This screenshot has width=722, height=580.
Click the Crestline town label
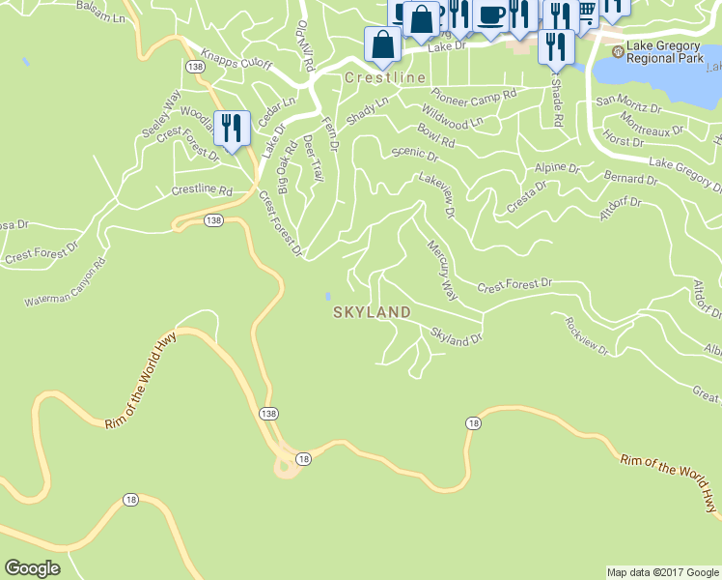384,76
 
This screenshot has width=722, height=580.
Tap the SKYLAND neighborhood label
372,312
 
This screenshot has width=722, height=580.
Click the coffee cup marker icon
490,16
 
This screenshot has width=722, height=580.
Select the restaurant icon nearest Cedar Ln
231,128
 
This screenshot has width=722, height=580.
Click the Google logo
33,568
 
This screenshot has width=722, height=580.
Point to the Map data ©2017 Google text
662,572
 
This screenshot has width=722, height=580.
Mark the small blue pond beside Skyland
328,296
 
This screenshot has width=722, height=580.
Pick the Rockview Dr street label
587,336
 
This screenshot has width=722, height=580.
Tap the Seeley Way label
162,115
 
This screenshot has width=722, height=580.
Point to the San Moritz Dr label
630,100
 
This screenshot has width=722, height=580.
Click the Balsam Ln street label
103,16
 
